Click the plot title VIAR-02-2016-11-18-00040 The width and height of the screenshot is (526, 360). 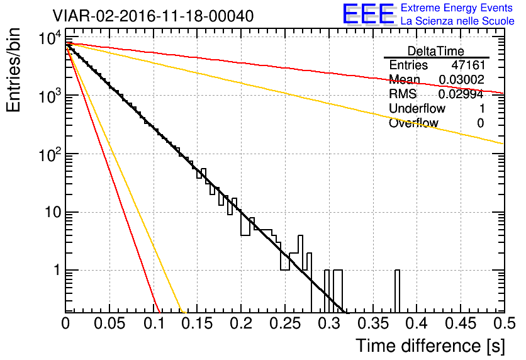[153, 16]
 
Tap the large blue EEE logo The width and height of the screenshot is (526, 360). [368, 14]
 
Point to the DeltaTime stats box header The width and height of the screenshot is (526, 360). [436, 51]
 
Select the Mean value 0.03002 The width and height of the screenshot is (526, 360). [461, 80]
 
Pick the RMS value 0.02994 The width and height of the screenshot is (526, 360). [461, 94]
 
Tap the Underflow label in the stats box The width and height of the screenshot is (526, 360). [418, 109]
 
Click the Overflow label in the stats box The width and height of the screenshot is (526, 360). [413, 123]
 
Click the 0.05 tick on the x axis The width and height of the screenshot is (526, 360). [109, 324]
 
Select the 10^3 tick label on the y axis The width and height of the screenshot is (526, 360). [48, 96]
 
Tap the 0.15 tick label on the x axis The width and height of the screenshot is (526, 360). [197, 324]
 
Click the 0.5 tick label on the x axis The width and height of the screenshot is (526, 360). [503, 324]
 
